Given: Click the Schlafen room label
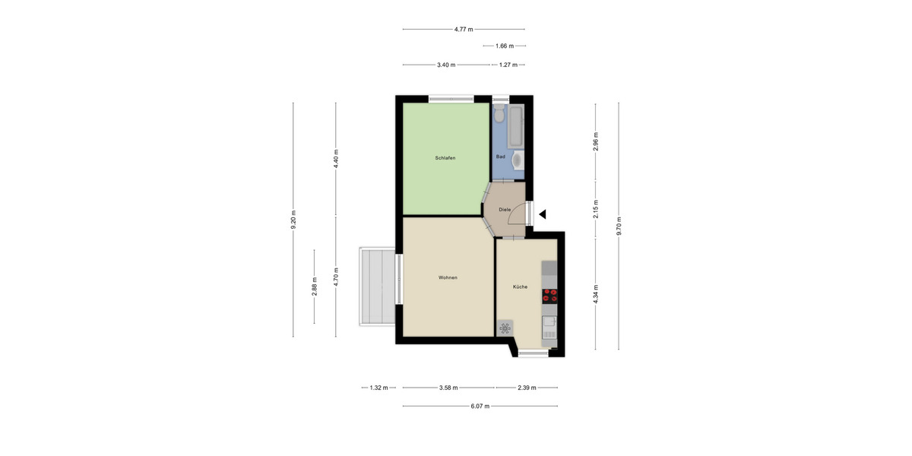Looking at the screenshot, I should click(x=445, y=158).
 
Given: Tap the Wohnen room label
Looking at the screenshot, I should click(x=448, y=277).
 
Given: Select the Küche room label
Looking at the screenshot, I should click(x=520, y=287).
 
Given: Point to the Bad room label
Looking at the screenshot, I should click(x=500, y=157).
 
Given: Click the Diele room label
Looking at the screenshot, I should click(x=505, y=209).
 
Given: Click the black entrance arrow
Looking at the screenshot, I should click(x=543, y=214).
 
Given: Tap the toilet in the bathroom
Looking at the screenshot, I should click(x=499, y=115).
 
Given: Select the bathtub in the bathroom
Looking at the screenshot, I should click(x=517, y=127).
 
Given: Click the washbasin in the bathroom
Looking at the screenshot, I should click(x=518, y=160).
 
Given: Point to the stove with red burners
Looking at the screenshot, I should click(x=549, y=296).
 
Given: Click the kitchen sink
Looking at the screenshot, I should click(x=549, y=326).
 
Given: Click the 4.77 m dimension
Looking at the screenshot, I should click(x=464, y=30).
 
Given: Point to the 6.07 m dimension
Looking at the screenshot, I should click(x=480, y=406).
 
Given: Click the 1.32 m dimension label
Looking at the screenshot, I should click(x=378, y=388).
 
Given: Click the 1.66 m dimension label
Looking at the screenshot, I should click(x=505, y=46).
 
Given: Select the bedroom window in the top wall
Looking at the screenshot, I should click(x=450, y=98).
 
